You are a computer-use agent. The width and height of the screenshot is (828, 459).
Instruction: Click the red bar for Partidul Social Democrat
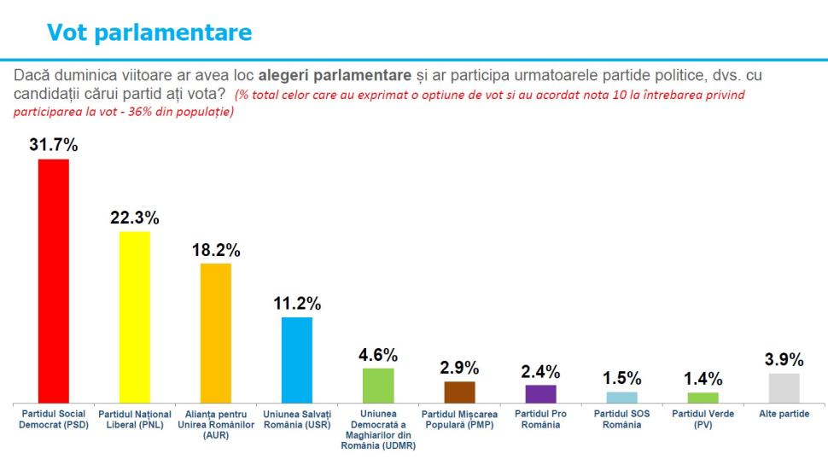point(54,281)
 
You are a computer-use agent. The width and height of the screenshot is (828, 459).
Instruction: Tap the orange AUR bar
point(216,333)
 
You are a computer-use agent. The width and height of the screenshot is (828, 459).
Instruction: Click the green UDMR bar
point(378,386)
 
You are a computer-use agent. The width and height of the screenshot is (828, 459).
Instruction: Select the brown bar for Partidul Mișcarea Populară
point(459,392)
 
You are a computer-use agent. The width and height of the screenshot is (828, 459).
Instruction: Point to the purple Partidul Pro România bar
point(540,394)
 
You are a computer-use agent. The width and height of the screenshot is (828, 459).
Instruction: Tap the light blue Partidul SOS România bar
point(621,398)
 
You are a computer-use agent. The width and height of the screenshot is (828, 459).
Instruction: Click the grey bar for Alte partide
point(784,388)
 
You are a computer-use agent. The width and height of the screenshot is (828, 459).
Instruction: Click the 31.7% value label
point(54,145)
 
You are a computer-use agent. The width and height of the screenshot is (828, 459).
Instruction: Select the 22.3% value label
point(135,217)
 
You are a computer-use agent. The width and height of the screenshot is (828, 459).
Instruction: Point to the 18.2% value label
point(216,250)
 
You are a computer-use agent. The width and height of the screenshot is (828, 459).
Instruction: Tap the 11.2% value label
point(297,303)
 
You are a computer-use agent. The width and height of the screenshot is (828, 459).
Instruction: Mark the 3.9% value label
point(784,359)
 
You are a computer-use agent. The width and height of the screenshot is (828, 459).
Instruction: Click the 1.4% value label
point(703,379)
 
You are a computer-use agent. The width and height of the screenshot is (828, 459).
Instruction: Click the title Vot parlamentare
point(149,32)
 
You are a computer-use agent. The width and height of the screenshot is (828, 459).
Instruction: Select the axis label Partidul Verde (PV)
point(703,419)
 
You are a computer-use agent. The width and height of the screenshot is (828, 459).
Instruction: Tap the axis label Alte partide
point(784,414)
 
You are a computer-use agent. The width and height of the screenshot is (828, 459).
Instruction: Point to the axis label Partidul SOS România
point(621,419)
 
